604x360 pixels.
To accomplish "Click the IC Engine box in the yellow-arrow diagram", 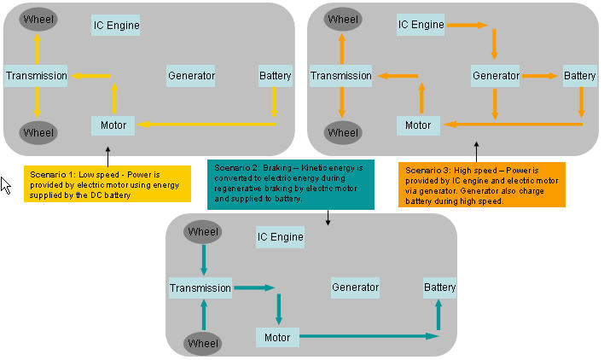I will point(116,26).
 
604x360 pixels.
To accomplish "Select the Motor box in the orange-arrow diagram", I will point(418,125).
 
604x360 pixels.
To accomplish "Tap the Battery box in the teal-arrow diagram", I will point(440,287).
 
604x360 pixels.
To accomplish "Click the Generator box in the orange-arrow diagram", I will point(496,76).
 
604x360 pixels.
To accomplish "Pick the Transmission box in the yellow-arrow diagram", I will point(37,76).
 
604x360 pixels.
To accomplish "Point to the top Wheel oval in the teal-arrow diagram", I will point(203,231).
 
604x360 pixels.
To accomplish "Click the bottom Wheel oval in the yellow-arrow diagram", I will point(38,133).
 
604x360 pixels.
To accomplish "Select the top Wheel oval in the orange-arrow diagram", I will point(343,19).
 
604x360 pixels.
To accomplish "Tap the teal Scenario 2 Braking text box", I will point(290,183).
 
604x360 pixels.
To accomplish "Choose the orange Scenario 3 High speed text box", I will point(482,184).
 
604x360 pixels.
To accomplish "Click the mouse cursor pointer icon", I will point(6,185).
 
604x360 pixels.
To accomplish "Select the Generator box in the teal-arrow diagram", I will point(355,287).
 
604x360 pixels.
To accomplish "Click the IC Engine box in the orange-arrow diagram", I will point(421,25).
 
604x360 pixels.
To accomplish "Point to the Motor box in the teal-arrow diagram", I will point(277,337).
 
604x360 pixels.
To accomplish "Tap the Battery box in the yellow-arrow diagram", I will point(275,76).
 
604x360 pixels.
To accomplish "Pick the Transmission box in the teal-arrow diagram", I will point(200,287).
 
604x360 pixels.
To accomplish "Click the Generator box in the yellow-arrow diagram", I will point(191,76).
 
